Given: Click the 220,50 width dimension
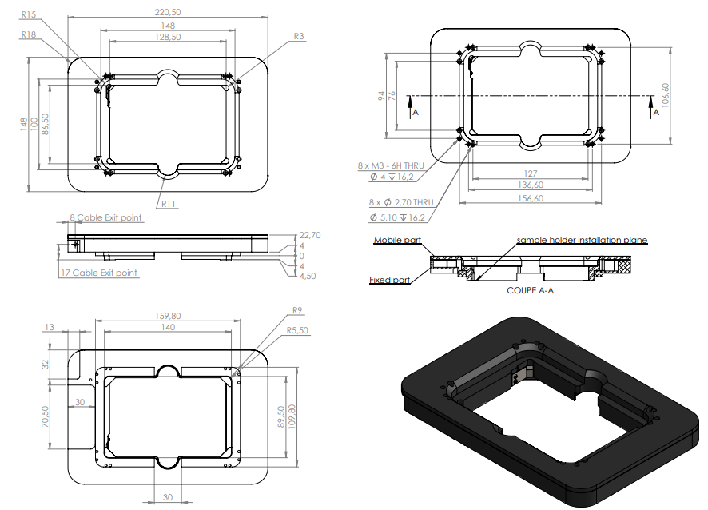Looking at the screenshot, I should [x=167, y=12].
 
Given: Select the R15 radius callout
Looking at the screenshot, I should [x=30, y=14].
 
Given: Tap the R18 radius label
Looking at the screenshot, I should [x=30, y=34].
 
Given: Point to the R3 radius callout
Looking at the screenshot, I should [x=299, y=36].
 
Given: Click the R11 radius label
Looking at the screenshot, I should [x=169, y=204].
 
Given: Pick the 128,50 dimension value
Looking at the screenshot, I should [x=167, y=37].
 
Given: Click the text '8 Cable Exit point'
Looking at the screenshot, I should [x=105, y=217].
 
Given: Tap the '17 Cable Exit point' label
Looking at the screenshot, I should [x=99, y=273].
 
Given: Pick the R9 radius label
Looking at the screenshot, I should [x=297, y=310].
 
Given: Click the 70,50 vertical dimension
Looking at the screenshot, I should [x=46, y=415].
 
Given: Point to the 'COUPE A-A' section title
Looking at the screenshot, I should [x=530, y=290].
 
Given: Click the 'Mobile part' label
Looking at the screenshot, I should [x=397, y=241].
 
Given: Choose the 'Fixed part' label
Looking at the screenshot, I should [x=390, y=280].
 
